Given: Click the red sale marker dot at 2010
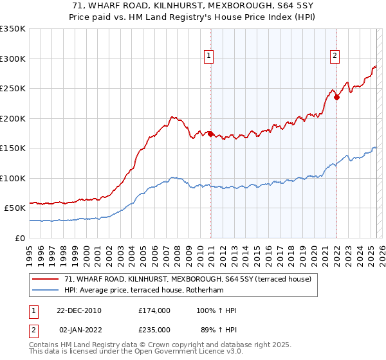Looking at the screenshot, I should pyautogui.click(x=210, y=134).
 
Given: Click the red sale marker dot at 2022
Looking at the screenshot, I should pyautogui.click(x=336, y=98).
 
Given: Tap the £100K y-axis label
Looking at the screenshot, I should pyautogui.click(x=13, y=178).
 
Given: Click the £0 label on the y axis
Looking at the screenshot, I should pyautogui.click(x=19, y=238).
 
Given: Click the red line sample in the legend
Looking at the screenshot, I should pyautogui.click(x=46, y=279).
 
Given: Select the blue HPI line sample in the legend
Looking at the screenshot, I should pyautogui.click(x=46, y=289).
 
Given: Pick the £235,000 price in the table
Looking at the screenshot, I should pyautogui.click(x=154, y=329).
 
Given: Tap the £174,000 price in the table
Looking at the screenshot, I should pyautogui.click(x=154, y=310).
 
